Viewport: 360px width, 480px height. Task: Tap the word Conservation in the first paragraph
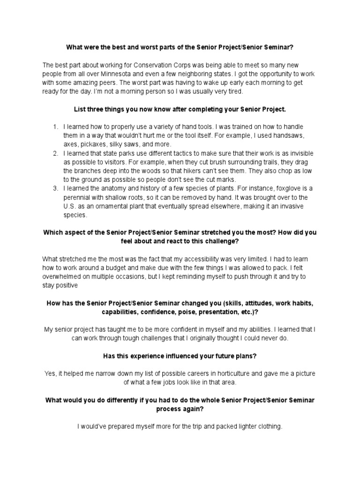pyautogui.click(x=142, y=64)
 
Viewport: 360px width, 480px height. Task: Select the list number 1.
pyautogui.click(x=54, y=127)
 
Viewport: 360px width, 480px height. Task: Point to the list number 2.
pyautogui.click(x=54, y=154)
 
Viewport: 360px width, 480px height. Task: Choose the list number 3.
pyautogui.click(x=54, y=189)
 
